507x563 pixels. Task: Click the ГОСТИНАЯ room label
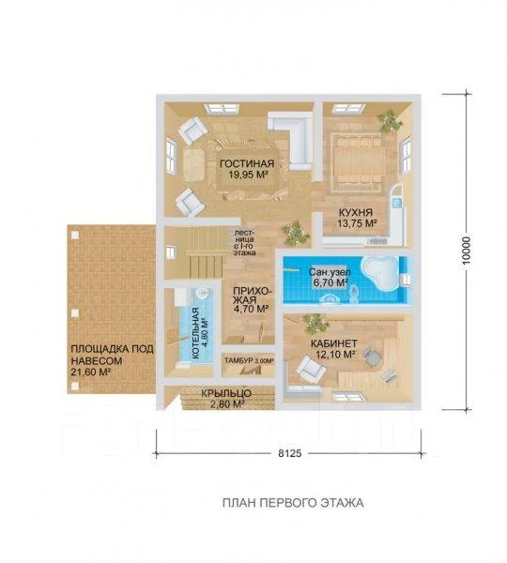click(247, 163)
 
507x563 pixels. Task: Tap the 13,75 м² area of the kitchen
click(357, 223)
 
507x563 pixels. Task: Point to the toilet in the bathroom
click(354, 292)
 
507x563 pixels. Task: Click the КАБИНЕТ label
click(334, 343)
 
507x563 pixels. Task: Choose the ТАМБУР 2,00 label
click(249, 361)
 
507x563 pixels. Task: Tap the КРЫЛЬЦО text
click(226, 393)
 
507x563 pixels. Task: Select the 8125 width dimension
click(289, 453)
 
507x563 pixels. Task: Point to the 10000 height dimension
click(466, 251)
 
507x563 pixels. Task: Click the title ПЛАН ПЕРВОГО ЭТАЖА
click(293, 503)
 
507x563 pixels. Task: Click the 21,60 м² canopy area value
click(90, 372)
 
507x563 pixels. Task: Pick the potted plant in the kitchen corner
click(390, 119)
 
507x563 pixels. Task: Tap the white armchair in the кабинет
click(311, 369)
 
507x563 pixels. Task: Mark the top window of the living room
click(221, 109)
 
